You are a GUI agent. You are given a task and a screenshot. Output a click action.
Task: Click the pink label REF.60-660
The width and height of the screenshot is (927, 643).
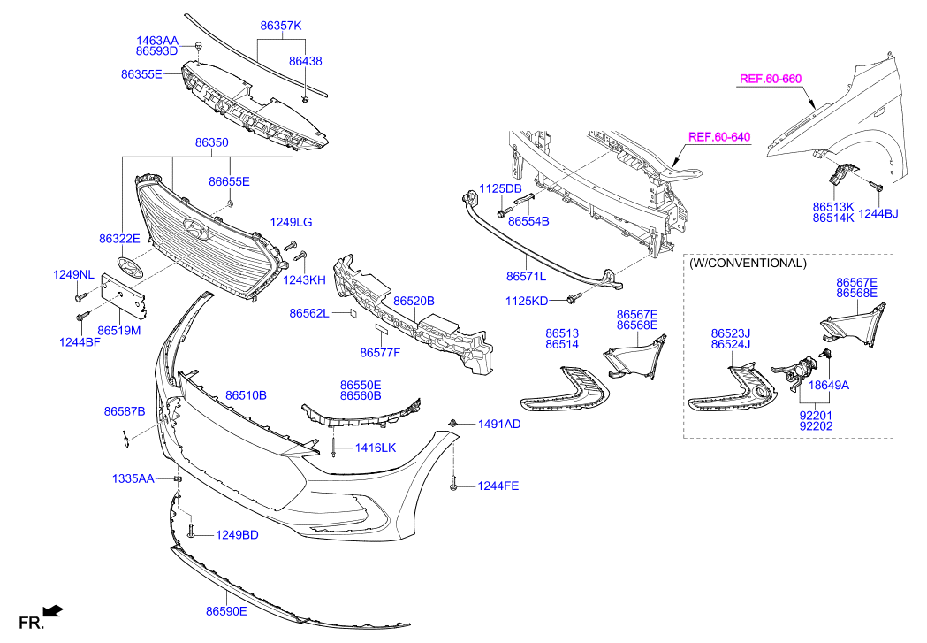coord(770,79)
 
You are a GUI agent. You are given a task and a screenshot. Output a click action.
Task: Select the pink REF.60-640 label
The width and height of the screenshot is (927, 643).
coord(718,137)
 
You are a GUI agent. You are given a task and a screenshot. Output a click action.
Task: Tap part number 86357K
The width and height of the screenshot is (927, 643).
coord(280,27)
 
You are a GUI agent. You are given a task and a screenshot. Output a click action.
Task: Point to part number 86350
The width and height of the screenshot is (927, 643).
coord(212,142)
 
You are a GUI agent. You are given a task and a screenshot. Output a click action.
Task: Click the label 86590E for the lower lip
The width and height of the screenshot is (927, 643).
coord(226,611)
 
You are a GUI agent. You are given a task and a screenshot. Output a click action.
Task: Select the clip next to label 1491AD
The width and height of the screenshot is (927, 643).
coord(452,424)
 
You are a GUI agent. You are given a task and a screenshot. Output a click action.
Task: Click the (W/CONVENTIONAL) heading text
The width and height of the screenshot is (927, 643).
coord(747,263)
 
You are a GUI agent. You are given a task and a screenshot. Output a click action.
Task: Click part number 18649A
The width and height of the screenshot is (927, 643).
coord(829,386)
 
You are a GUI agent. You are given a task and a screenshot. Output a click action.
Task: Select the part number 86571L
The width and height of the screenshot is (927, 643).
coord(527,276)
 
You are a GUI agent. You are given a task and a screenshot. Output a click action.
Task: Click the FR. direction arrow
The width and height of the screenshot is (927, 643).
coord(53,609)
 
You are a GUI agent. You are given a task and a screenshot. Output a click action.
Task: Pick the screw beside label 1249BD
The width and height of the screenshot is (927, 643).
coord(191,533)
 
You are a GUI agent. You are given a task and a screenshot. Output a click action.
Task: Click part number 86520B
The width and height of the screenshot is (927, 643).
coord(414,301)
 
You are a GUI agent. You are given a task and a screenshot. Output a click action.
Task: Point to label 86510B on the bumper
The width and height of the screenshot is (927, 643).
coord(246,395)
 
